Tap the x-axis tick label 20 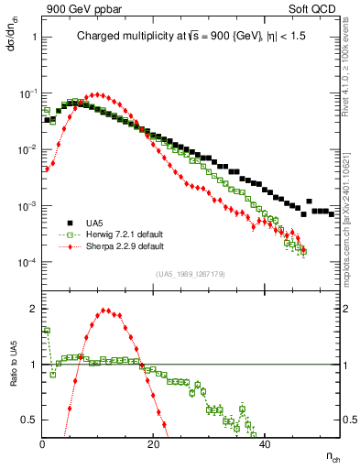point(154,445)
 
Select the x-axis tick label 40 point(265,445)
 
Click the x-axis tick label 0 point(43,445)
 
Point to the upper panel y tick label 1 point(34,38)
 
